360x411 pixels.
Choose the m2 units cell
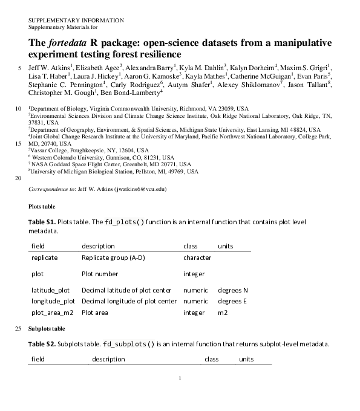(x=223, y=312)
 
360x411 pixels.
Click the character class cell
(x=197, y=257)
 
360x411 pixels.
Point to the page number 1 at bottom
(x=180, y=380)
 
